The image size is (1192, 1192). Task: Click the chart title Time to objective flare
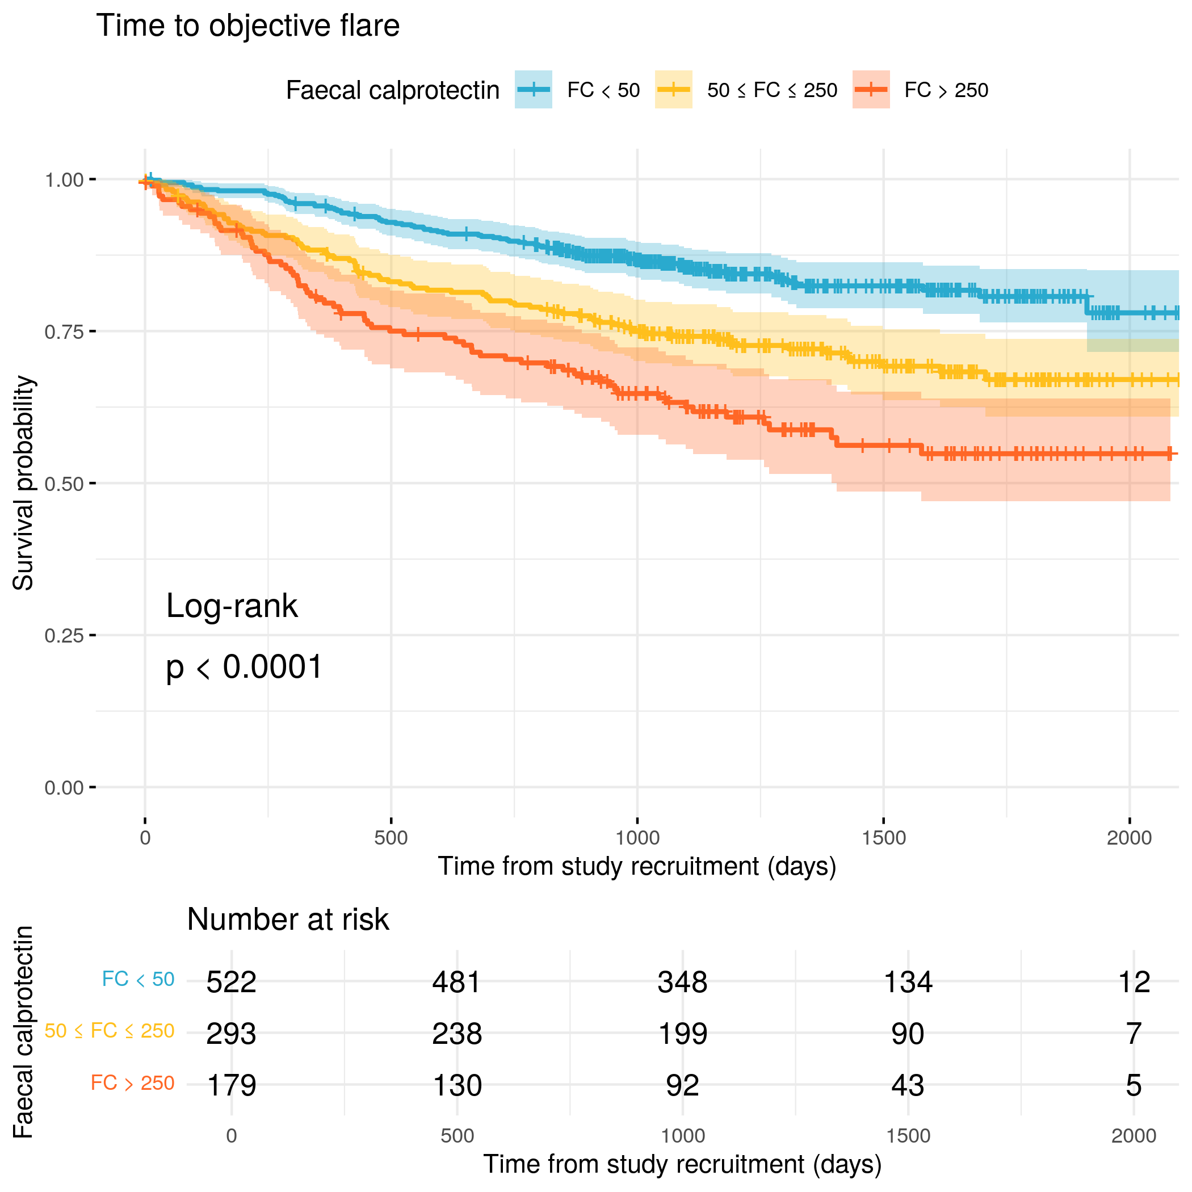247,26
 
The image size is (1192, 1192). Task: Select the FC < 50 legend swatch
533,90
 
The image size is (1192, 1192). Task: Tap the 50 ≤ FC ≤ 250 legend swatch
673,90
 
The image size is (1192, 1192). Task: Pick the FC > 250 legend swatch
871,90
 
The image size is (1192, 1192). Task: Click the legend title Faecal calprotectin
392,91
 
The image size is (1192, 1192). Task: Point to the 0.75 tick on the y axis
64,332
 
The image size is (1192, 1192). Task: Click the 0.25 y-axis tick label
64,636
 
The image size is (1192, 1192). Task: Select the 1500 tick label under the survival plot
884,838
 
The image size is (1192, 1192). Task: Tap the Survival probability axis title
23,483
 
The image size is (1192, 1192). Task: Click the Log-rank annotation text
232,606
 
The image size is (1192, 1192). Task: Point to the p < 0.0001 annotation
244,667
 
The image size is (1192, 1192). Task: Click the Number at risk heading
288,920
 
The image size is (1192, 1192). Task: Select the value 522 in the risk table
231,981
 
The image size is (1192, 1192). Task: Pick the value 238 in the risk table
456,1034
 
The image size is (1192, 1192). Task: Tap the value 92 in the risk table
682,1085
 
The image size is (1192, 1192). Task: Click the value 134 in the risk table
908,981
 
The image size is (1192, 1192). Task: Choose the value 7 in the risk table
1134,1034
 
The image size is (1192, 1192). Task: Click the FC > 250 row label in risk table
132,1083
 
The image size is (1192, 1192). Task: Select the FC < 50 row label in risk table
137,979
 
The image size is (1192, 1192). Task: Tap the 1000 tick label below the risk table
682,1135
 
